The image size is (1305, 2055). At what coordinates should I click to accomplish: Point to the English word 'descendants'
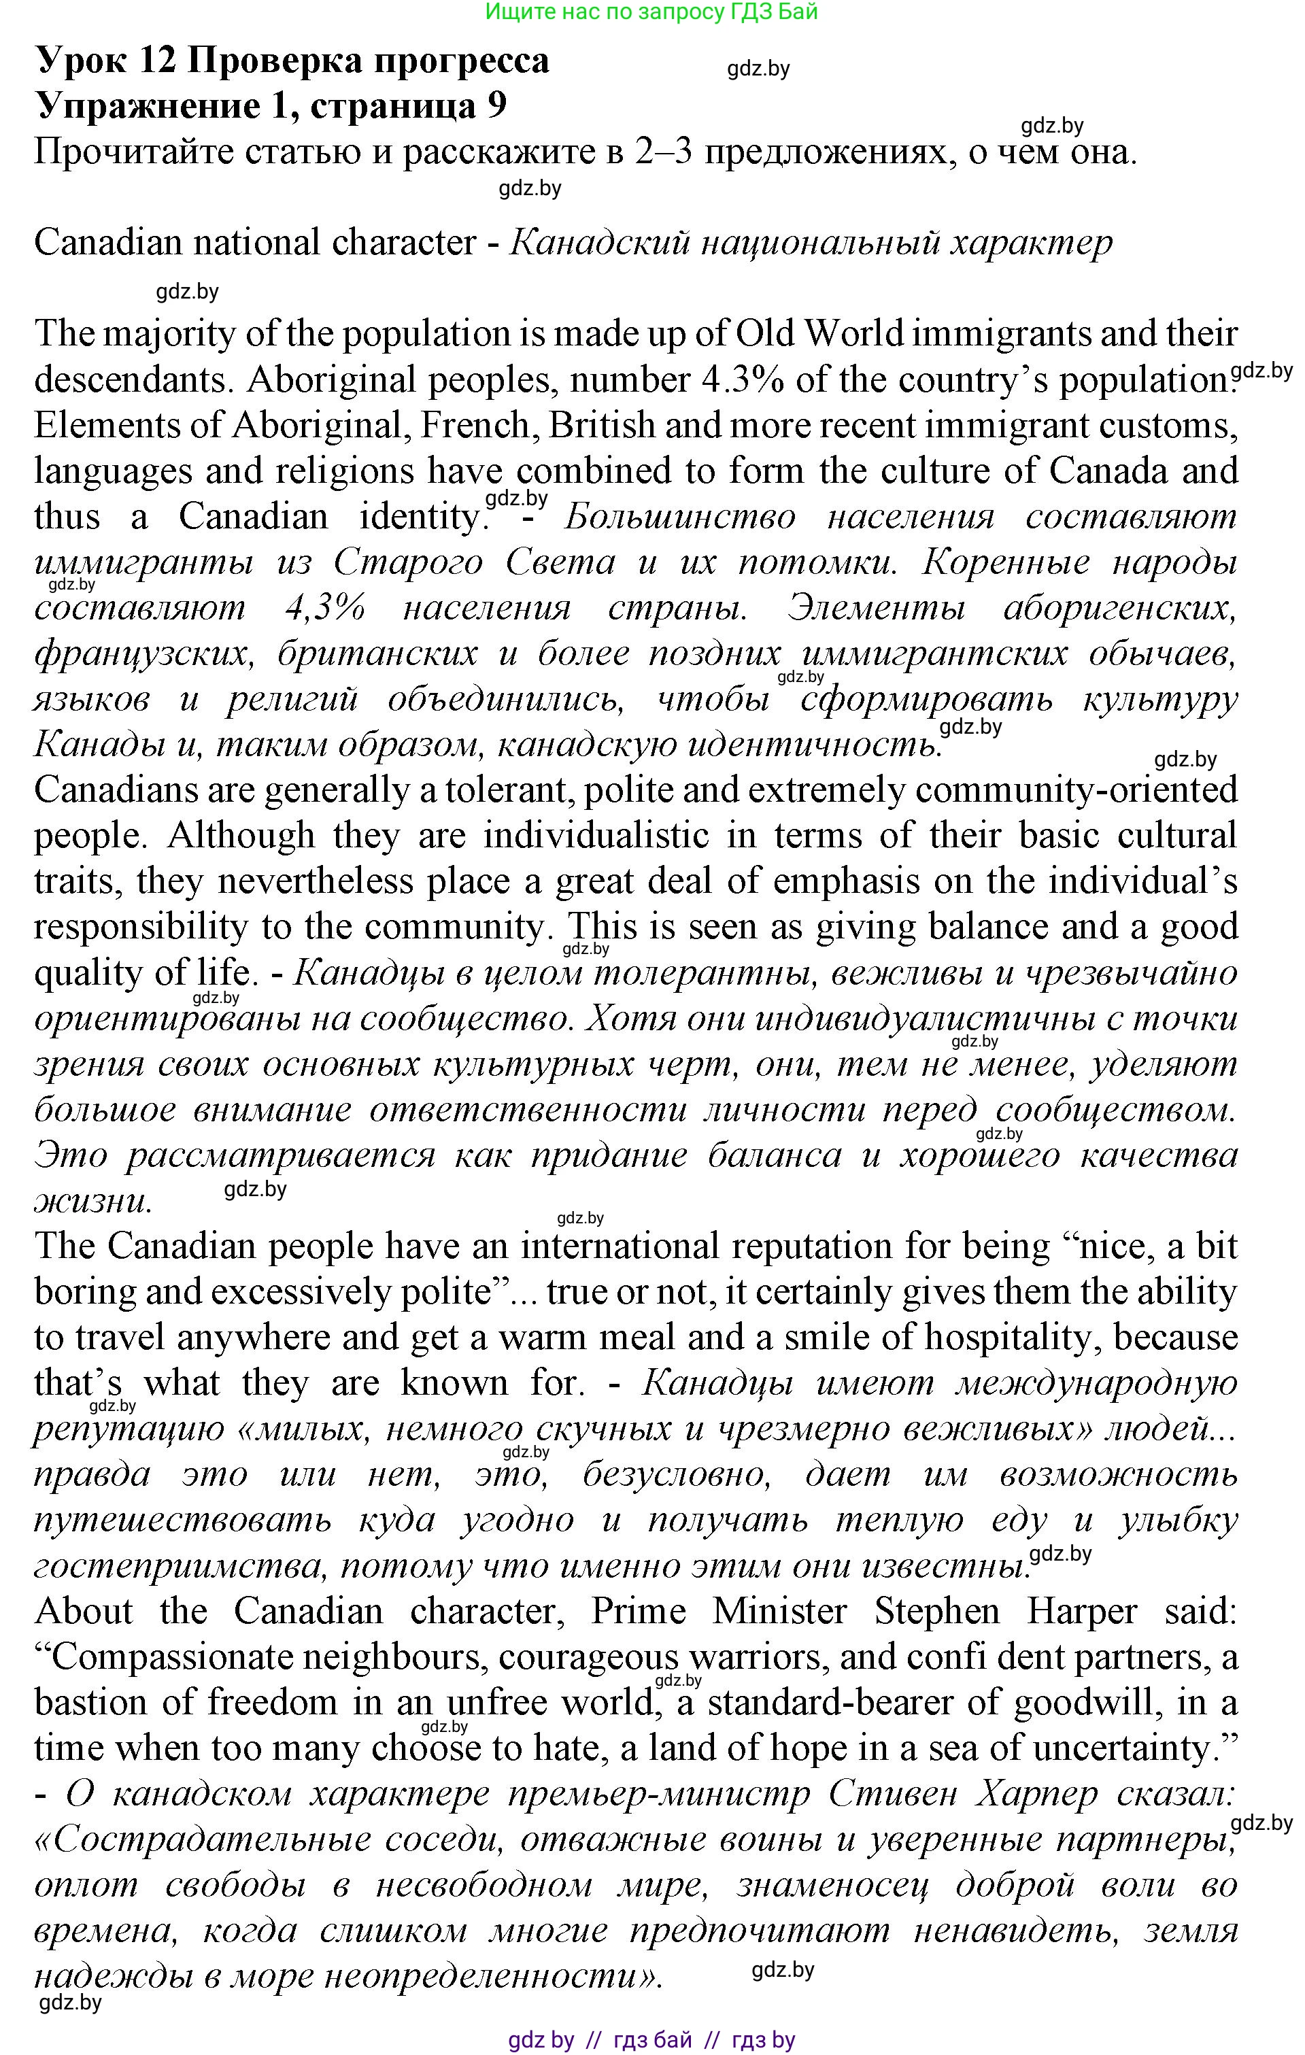tap(131, 379)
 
